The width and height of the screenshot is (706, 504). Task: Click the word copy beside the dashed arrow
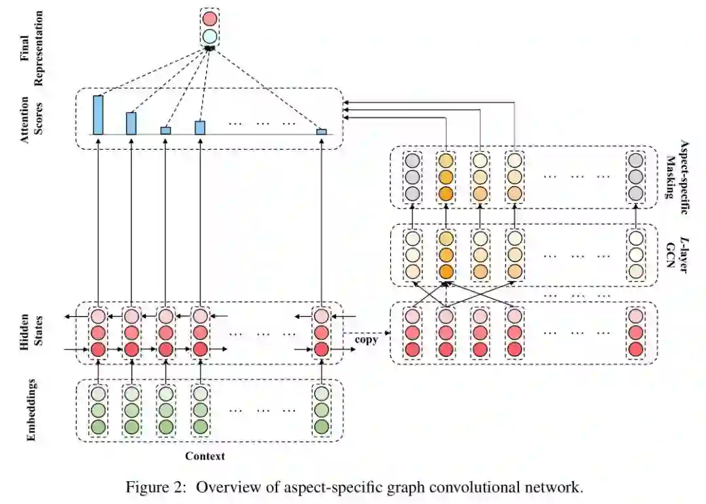click(x=366, y=340)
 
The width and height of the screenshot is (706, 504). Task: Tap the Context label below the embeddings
click(x=205, y=456)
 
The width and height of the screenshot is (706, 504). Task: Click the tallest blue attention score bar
click(x=98, y=115)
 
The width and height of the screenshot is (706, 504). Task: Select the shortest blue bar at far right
click(x=322, y=132)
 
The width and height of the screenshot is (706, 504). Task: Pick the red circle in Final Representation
click(x=209, y=18)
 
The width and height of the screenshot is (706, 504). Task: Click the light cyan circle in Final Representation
click(x=209, y=36)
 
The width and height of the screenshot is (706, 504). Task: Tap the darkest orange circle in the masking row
click(x=446, y=193)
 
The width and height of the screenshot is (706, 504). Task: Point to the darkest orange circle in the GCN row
click(x=446, y=271)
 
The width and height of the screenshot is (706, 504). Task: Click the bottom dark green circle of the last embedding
click(x=320, y=427)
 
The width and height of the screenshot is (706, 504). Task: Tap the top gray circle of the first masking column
click(x=412, y=160)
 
